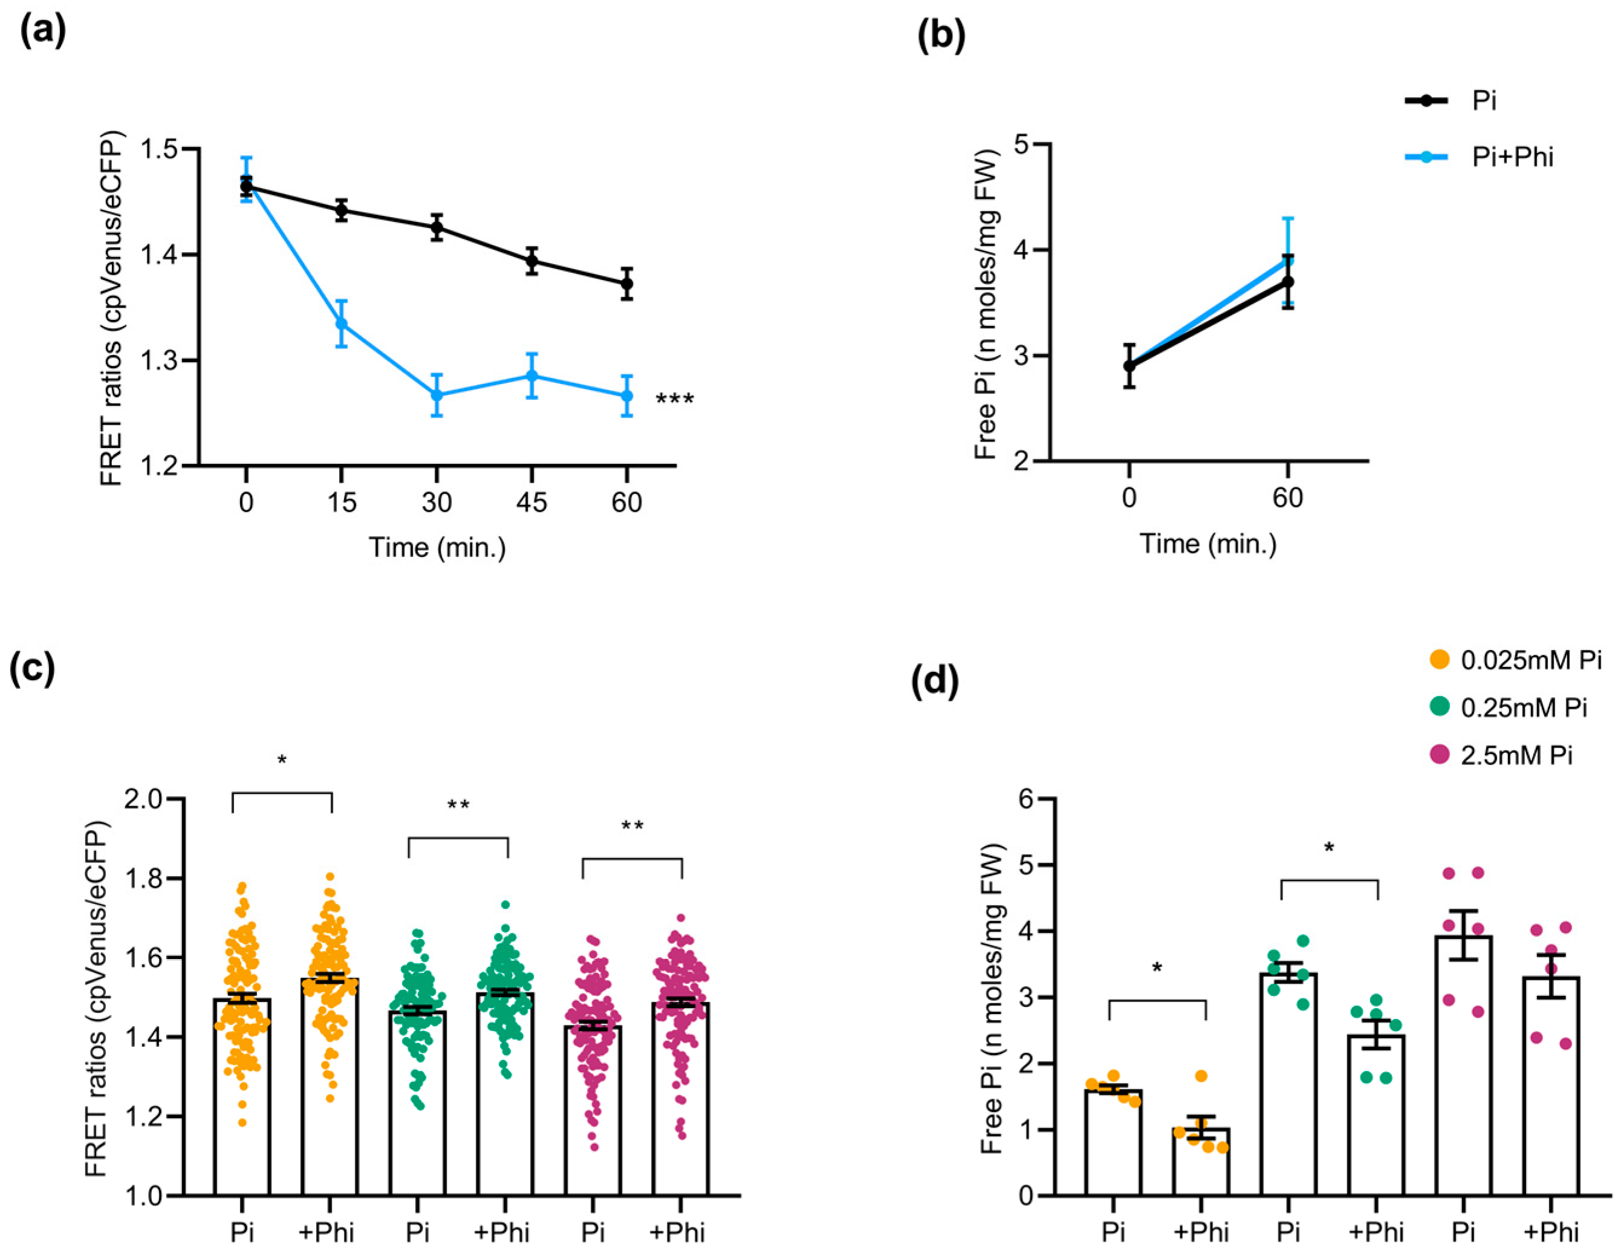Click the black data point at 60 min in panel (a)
pos(626,284)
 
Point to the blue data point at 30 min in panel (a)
pos(437,395)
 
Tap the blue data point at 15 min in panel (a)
pos(342,324)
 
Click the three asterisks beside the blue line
pos(675,400)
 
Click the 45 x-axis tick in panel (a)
pos(531,503)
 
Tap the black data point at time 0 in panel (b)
pos(1129,366)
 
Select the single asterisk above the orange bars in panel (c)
pos(282,761)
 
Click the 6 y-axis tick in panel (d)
pos(1027,799)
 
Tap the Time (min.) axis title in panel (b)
pos(1207,544)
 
